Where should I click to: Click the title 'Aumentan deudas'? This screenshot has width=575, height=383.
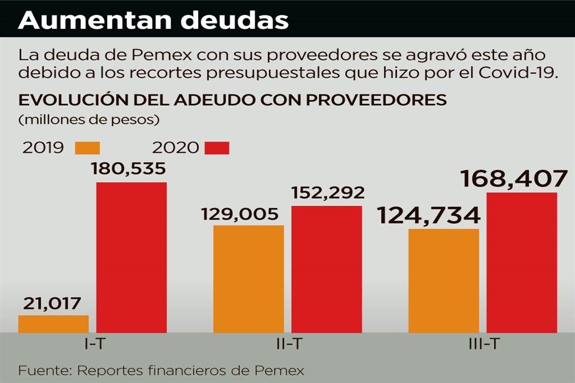pyautogui.click(x=153, y=20)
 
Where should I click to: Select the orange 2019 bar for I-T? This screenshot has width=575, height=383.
pyautogui.click(x=53, y=324)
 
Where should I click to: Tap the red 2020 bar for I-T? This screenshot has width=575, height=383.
pyautogui.click(x=131, y=257)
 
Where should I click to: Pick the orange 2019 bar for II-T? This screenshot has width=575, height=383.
pyautogui.click(x=249, y=278)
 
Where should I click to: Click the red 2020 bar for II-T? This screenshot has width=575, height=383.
pyautogui.click(x=326, y=269)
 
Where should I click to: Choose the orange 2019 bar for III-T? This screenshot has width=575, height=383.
pyautogui.click(x=444, y=280)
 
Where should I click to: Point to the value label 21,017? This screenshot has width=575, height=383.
pyautogui.click(x=52, y=303)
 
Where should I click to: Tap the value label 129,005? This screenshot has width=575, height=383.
pyautogui.click(x=240, y=214)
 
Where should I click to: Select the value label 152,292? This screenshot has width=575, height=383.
pyautogui.click(x=328, y=193)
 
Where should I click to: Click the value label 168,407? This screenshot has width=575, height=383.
pyautogui.click(x=513, y=179)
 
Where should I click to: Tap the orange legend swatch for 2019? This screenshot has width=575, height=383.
pyautogui.click(x=87, y=148)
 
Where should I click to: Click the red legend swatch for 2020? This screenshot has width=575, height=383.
pyautogui.click(x=217, y=148)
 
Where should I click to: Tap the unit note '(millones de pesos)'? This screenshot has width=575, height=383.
pyautogui.click(x=89, y=120)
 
